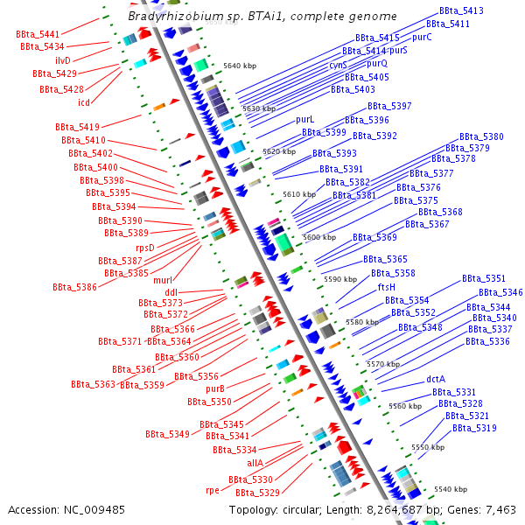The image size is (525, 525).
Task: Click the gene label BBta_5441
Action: coord(38,33)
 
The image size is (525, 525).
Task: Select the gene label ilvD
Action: coord(63,60)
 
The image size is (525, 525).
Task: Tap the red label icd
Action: coord(84,102)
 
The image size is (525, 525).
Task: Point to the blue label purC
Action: coord(422,38)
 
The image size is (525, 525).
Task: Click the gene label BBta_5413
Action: coord(461,11)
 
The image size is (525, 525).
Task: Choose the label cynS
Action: coord(338,65)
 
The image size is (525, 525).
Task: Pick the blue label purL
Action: coord(304,119)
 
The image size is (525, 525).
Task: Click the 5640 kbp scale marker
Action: coord(240,66)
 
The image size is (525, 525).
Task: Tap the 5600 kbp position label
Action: coord(318,237)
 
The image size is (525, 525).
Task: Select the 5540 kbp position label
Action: coord(450,489)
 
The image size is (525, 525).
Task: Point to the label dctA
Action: coord(436,379)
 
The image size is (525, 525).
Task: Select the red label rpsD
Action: coord(144,248)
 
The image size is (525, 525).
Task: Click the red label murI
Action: coord(163,280)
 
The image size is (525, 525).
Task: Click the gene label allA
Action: coord(255,463)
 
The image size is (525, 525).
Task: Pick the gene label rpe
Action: coord(213,491)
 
